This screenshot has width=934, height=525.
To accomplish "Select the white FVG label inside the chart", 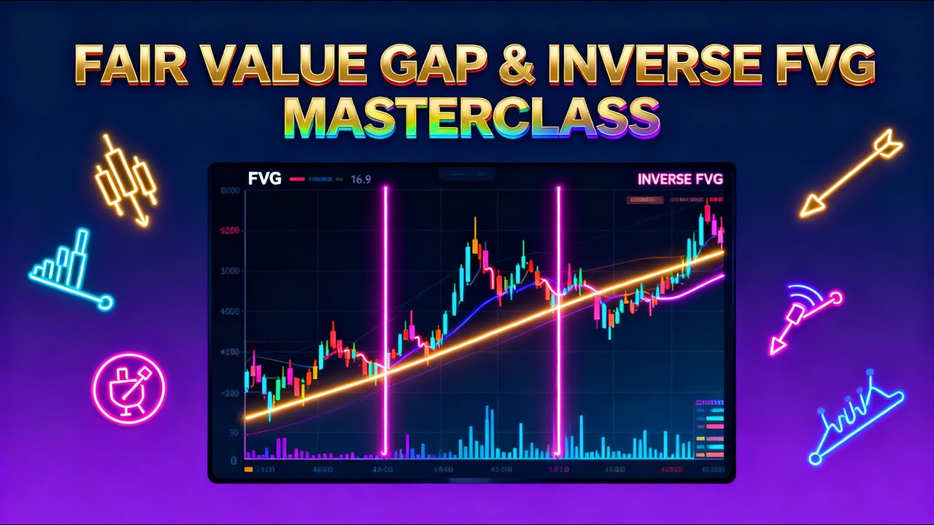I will click(264, 179).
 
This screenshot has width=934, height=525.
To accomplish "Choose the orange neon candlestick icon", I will click(126, 179).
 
